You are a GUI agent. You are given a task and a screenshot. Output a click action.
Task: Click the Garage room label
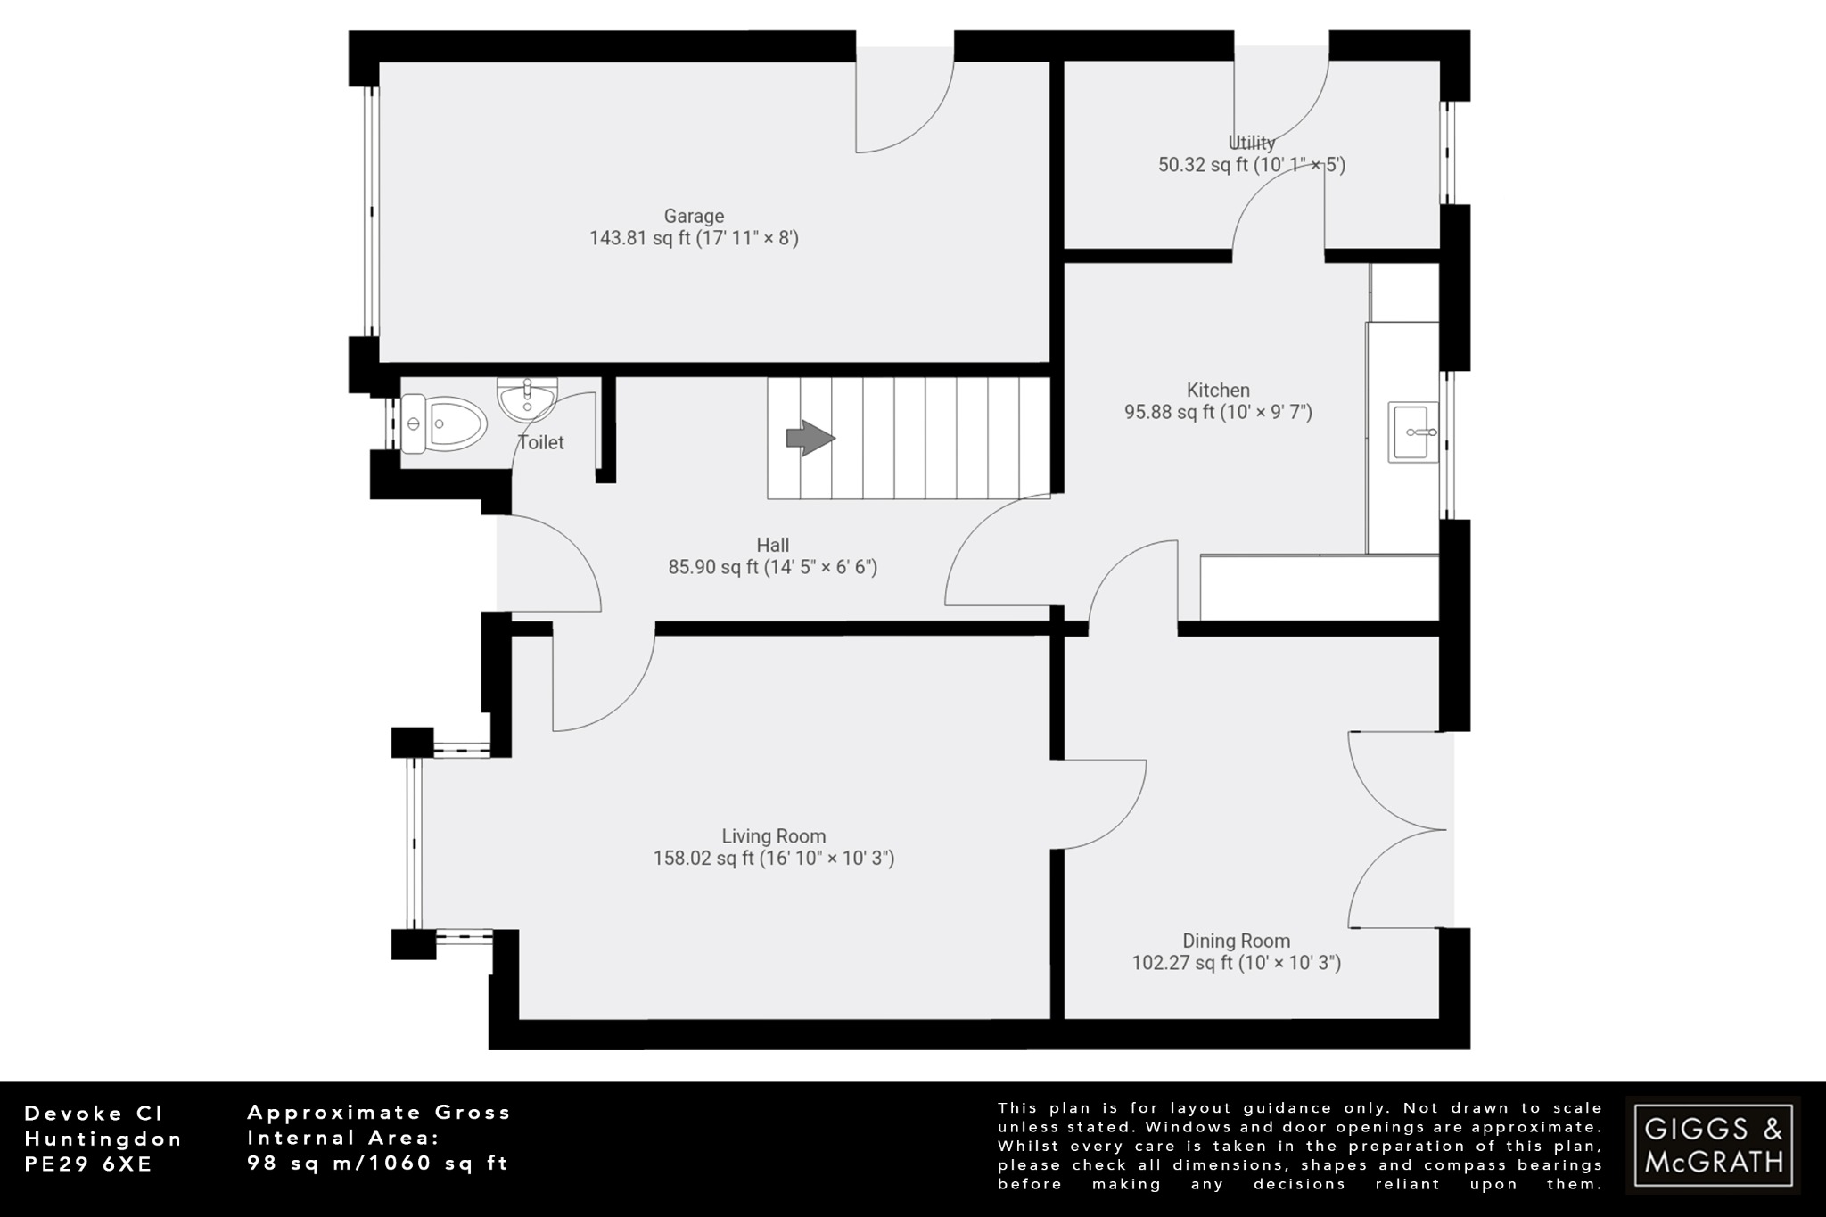pos(694,216)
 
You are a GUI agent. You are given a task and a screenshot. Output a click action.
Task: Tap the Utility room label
pos(1252,143)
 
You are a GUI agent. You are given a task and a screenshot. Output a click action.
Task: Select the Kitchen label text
pos(1218,390)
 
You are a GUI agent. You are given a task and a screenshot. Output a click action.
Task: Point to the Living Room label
pos(773,836)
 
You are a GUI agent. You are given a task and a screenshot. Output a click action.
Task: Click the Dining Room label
pos(1236,941)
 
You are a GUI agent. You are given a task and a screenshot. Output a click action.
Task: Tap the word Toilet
pos(541,442)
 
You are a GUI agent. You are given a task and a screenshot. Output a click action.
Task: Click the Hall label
pos(773,545)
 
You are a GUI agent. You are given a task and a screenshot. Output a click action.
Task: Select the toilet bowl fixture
pos(446,423)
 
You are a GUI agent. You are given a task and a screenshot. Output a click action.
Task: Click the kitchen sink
pos(1412,432)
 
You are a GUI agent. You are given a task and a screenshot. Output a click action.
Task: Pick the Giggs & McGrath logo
pos(1713,1145)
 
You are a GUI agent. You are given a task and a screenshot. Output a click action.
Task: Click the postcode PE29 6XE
pos(88,1164)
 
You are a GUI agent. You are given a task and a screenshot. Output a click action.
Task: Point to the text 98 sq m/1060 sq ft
pos(377,1163)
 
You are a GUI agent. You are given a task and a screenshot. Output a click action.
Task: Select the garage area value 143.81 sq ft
pos(639,238)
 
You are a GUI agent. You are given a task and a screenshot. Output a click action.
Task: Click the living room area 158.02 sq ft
pos(703,859)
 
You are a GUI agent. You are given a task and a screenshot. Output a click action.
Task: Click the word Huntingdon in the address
pos(103,1139)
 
